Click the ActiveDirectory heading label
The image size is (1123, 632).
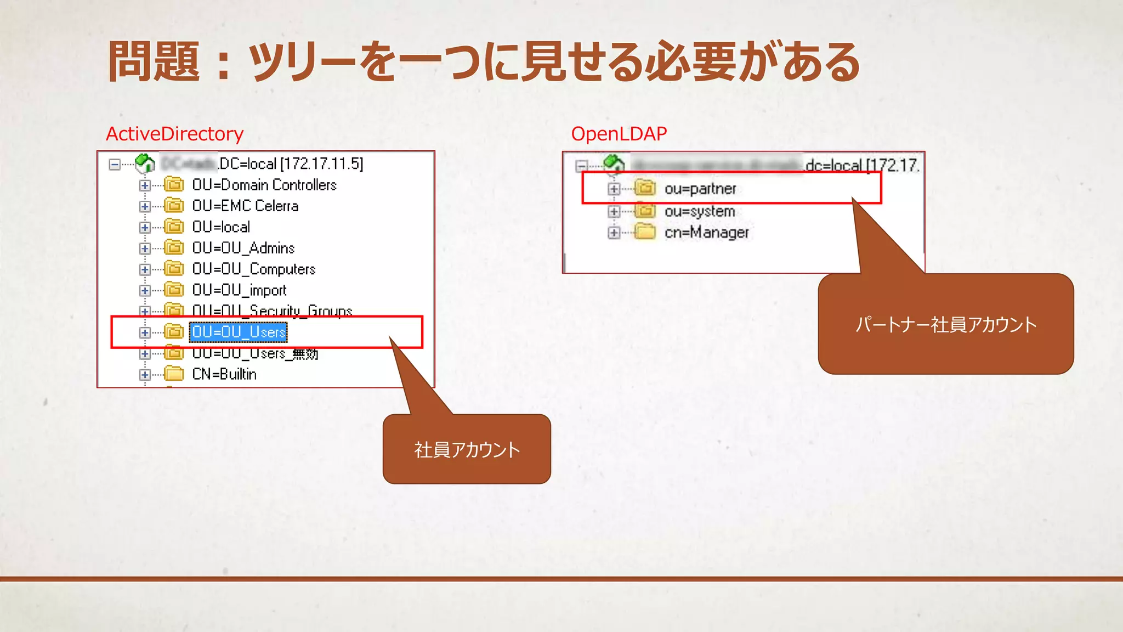174,134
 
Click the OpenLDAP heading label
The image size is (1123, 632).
619,134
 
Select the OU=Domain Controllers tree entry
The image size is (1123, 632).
264,185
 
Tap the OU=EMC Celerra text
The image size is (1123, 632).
245,206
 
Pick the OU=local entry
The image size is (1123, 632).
221,227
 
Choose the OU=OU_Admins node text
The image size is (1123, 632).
243,248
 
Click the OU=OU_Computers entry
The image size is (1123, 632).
253,269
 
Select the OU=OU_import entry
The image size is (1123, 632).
239,290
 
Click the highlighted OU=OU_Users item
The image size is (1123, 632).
239,332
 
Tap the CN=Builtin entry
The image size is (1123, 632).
224,374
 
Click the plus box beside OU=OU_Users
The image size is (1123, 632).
145,332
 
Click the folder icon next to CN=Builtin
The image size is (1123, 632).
174,374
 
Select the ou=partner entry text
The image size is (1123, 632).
700,189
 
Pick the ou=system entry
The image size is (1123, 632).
699,211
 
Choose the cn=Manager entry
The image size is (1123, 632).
706,233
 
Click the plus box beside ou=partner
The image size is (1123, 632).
614,189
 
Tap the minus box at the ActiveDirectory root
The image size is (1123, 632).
115,164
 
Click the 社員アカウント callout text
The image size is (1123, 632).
467,450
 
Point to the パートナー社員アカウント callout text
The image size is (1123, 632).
946,324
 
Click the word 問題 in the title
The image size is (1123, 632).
154,61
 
